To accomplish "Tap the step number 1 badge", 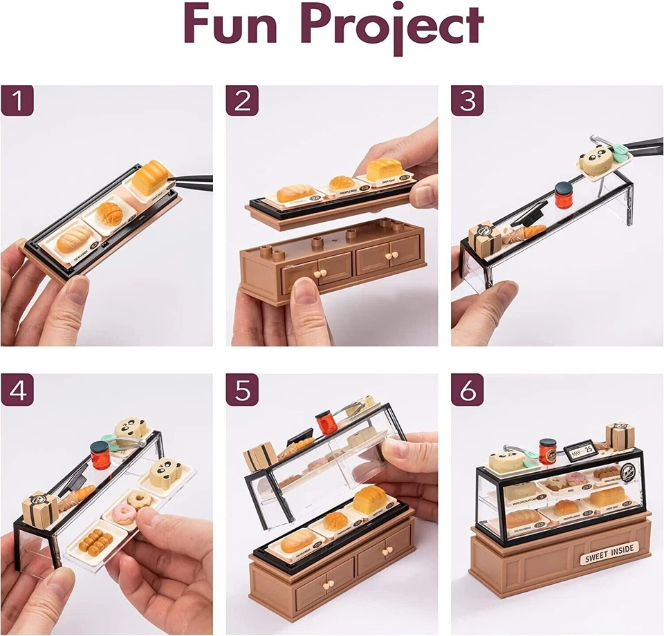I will (x=17, y=100).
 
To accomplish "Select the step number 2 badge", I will (x=242, y=100).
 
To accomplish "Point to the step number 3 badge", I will (x=468, y=100).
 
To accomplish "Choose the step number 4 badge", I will (x=17, y=391).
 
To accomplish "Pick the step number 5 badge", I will (x=242, y=391).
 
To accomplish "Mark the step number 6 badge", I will (x=468, y=391).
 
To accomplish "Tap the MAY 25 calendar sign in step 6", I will (x=578, y=450).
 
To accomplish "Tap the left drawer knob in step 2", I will (x=320, y=274).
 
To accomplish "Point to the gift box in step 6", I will (x=620, y=436).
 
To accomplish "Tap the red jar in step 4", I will (x=101, y=456).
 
